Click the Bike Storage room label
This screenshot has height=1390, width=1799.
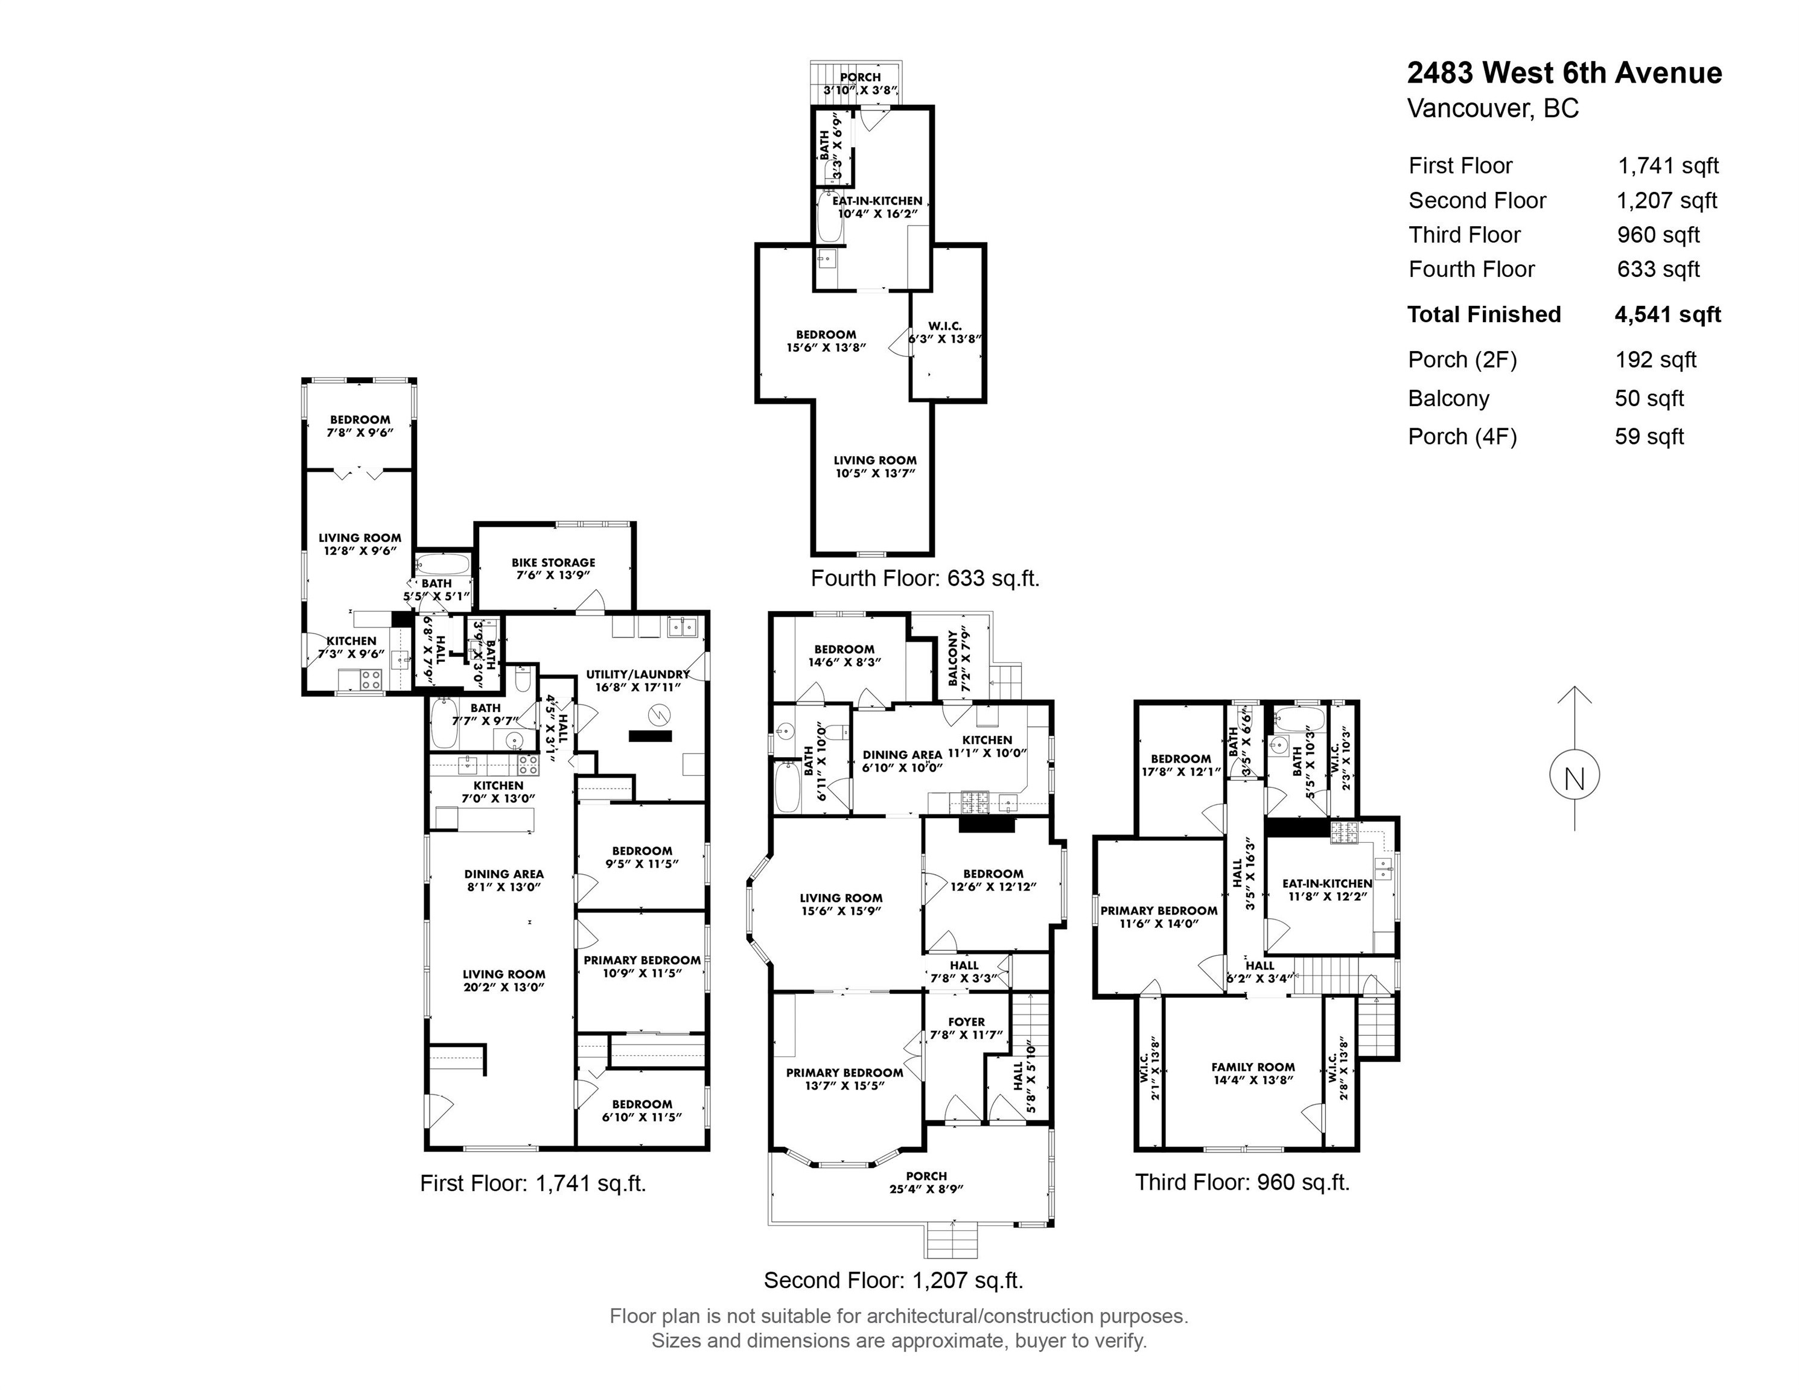point(553,568)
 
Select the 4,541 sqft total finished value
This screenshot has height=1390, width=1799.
point(1667,314)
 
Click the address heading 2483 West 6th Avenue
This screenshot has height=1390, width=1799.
point(1564,73)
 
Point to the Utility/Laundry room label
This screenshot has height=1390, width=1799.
point(637,680)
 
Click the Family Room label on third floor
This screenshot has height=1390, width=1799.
point(1253,1074)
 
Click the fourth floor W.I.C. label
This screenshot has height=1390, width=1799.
point(945,332)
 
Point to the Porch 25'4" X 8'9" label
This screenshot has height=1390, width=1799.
point(926,1182)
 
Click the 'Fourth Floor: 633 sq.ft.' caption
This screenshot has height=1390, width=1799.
point(925,578)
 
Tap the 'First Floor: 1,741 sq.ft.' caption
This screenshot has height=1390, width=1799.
point(533,1183)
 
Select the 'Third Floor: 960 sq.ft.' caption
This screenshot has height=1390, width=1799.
point(1242,1182)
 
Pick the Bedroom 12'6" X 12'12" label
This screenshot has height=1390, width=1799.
point(993,880)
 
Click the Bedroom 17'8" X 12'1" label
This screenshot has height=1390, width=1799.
point(1180,765)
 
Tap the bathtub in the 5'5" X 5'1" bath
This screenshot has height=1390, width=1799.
point(442,565)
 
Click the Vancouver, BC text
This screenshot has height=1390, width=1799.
point(1492,109)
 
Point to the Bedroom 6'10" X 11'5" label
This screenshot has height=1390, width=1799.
point(642,1110)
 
